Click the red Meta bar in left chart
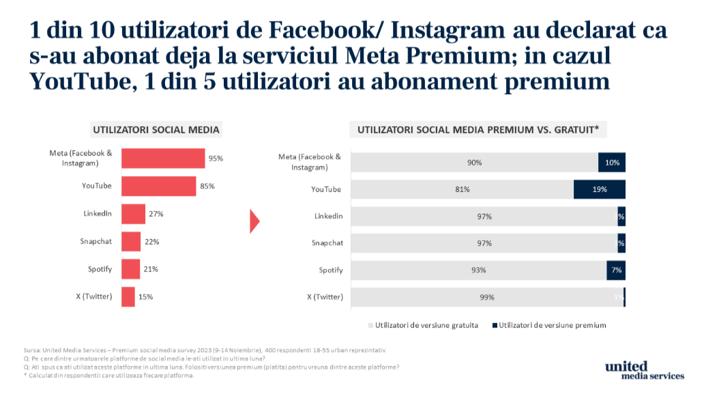tap(163, 158)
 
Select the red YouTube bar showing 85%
tap(158, 186)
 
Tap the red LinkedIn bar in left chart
tap(133, 214)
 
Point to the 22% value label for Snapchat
tap(151, 242)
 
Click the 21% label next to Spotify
tap(150, 269)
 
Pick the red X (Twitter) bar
tap(128, 297)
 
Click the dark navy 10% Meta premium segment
tap(611, 162)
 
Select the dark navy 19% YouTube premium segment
tap(599, 189)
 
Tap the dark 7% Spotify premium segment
tap(615, 270)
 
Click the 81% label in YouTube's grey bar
tap(462, 189)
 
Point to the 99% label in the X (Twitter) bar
tap(486, 297)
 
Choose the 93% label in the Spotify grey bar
tap(478, 270)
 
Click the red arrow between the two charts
tap(255, 220)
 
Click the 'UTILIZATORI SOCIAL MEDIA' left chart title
tap(156, 129)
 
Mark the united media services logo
tap(643, 371)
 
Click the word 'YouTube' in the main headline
tap(73, 81)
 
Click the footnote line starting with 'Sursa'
tap(205, 350)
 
